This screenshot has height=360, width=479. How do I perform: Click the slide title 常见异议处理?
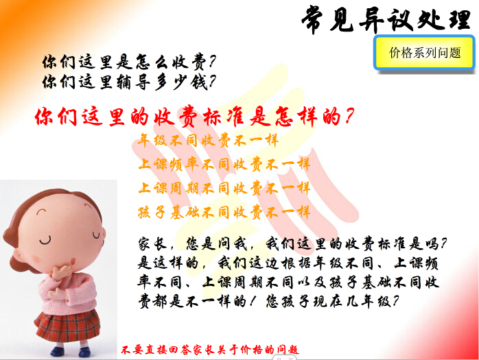[x=386, y=19]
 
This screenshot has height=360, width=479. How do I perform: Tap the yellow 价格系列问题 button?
[x=424, y=53]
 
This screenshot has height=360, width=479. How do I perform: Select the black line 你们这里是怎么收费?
[x=129, y=62]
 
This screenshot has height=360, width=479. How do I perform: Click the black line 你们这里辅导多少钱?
[x=129, y=82]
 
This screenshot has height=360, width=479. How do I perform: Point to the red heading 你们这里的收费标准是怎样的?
[x=194, y=117]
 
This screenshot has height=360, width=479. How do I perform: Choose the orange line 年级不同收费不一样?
[x=208, y=141]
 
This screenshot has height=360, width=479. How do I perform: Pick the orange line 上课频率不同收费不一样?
[x=224, y=165]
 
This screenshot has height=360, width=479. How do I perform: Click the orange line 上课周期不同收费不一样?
[x=224, y=188]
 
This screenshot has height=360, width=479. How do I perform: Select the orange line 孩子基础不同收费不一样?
[x=224, y=212]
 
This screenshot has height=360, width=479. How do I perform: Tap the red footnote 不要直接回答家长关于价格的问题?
[x=210, y=349]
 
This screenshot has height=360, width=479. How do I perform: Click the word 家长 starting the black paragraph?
[x=152, y=244]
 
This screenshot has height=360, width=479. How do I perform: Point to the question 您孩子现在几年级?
[x=332, y=302]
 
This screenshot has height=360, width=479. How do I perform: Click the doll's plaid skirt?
[x=68, y=326]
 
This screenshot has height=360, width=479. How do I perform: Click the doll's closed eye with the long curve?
[x=45, y=241]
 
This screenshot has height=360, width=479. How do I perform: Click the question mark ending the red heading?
[x=349, y=116]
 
